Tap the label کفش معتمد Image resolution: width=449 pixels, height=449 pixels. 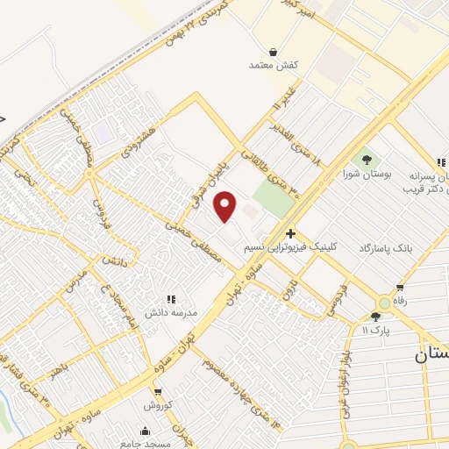(274, 66)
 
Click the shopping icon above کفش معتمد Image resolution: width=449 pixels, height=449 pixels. (274, 52)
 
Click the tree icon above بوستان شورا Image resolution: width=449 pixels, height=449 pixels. (367, 160)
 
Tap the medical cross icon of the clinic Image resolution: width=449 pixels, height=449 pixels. (290, 233)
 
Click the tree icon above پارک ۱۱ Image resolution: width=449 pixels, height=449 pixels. (375, 317)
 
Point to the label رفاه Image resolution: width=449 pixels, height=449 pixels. (403, 301)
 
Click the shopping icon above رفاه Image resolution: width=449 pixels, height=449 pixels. (400, 287)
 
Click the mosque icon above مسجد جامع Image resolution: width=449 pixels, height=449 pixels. (145, 431)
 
